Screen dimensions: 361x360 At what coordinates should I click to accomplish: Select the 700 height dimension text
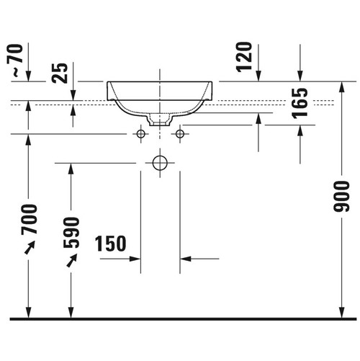[28, 219]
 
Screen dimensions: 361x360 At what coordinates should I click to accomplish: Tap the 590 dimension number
[71, 232]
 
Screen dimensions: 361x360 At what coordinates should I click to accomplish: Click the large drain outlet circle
[160, 164]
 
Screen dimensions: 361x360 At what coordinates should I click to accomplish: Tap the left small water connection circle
[141, 134]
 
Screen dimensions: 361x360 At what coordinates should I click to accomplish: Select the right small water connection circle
[180, 134]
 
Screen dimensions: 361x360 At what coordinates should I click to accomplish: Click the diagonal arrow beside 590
[71, 260]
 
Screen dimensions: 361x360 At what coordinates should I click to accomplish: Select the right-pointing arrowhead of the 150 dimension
[135, 257]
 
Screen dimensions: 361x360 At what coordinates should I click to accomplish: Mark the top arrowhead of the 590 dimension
[70, 168]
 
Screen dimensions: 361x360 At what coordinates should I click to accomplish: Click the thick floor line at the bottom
[180, 318]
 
